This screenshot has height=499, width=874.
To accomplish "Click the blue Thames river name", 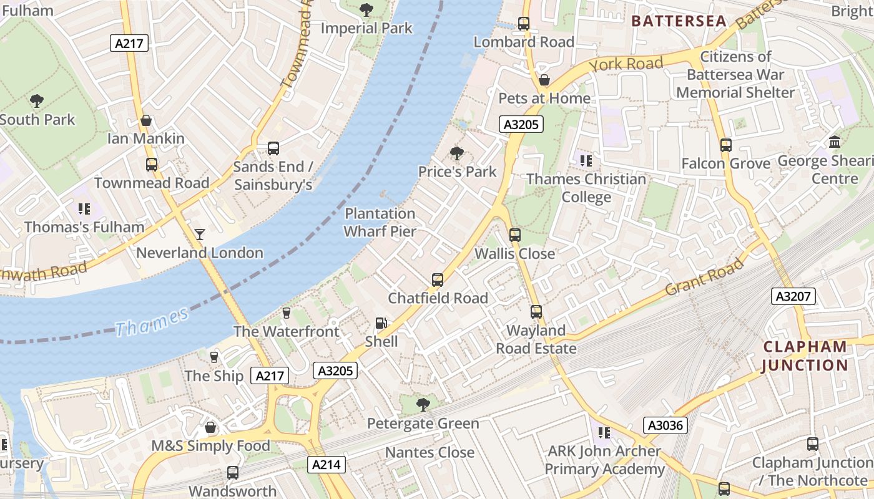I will [152, 321].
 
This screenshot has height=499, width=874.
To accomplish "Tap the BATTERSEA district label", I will [679, 21].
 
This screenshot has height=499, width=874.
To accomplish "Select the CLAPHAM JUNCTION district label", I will [805, 356].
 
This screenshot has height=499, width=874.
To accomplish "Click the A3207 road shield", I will [793, 296].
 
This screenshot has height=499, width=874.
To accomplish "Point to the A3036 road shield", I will [665, 426].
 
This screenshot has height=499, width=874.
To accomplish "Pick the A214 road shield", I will [327, 464].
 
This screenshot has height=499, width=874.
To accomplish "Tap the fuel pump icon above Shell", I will [381, 323].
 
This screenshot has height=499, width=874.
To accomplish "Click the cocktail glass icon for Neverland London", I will [200, 235].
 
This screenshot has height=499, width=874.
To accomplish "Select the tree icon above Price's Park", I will [457, 153].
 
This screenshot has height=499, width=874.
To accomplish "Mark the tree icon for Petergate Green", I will [423, 405].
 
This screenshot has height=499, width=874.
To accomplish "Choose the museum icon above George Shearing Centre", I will [835, 142].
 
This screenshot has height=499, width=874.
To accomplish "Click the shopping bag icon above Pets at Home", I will [544, 80].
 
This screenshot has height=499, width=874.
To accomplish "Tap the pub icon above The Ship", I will [214, 357].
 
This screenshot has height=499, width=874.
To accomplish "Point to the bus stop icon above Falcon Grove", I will [725, 145].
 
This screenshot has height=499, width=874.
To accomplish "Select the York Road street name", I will [626, 64].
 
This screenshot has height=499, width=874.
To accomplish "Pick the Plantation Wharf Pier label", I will [380, 222].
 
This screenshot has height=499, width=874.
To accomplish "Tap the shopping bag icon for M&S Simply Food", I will [210, 427].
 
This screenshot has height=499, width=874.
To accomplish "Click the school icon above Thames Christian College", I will [586, 161].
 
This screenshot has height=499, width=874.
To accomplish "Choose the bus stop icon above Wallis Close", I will [514, 235].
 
